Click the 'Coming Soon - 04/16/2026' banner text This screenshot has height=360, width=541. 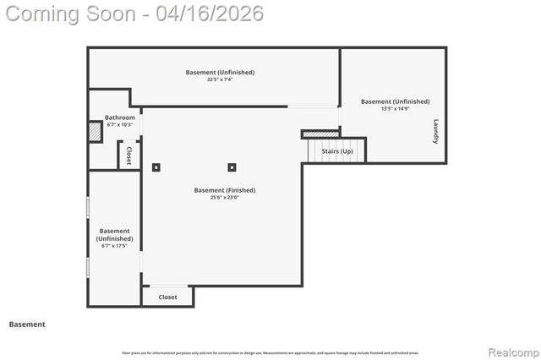point(133,14)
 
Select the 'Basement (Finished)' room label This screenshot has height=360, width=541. point(224,190)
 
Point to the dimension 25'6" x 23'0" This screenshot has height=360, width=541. point(224,199)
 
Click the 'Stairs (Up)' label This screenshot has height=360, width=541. point(337,151)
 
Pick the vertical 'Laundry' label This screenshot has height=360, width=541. point(436,130)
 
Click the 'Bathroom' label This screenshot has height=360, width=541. point(119,117)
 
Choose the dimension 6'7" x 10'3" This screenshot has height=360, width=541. point(120,125)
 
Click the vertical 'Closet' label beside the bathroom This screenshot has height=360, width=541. point(128,155)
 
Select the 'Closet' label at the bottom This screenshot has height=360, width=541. point(167,297)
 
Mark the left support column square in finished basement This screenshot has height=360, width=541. point(156,167)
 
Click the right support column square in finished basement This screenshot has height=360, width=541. point(232,167)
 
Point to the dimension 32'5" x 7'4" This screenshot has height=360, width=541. point(220,80)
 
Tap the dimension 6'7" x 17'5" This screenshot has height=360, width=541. point(114,247)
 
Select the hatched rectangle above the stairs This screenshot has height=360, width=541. point(320,134)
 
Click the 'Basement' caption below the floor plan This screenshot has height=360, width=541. point(27,325)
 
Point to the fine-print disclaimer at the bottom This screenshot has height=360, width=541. point(270,353)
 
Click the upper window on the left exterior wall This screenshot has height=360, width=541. point(88,208)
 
